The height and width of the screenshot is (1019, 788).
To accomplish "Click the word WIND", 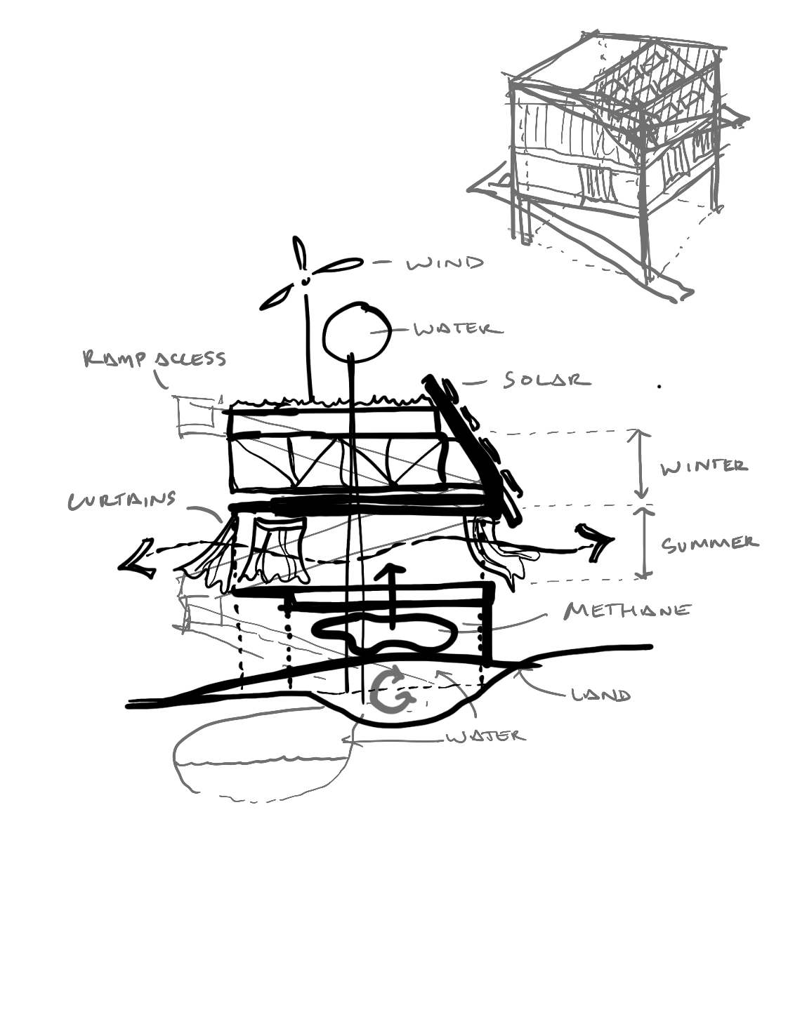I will tap(445, 263).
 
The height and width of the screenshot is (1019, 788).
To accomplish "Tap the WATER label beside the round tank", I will tap(458, 329).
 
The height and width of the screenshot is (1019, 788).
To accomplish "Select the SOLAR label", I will tap(546, 380).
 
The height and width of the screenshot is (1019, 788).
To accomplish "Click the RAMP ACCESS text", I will tap(155, 359).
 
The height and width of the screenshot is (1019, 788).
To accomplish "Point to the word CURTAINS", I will tap(122, 500).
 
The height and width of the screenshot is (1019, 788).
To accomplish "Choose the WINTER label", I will tap(704, 466).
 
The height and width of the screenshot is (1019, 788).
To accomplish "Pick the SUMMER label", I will tap(709, 544).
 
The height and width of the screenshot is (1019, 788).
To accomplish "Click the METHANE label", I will tap(627, 610).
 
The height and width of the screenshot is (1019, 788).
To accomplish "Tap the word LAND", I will tap(600, 695).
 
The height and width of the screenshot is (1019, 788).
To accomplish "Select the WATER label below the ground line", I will tap(485, 735).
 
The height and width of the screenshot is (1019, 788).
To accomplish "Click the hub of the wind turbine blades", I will tap(306, 279).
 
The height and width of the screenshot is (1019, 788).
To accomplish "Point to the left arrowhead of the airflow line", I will tap(137, 558).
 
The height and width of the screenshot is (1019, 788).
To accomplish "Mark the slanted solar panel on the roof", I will tap(473, 449).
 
